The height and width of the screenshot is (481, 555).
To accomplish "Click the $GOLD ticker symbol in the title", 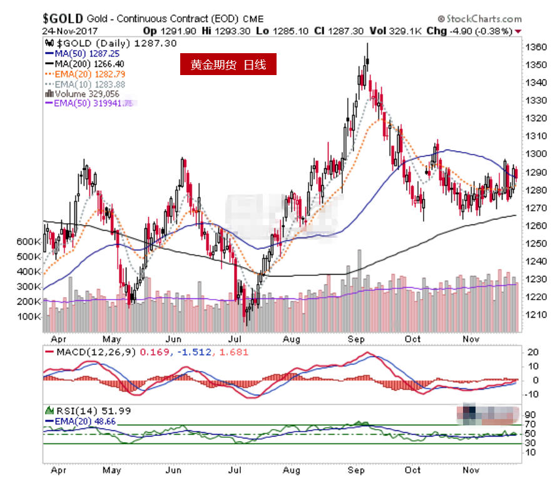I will point(61,18).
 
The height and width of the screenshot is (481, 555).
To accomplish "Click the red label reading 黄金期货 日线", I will point(228,65).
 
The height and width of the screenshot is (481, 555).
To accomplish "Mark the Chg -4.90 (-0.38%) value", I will point(473,31).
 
